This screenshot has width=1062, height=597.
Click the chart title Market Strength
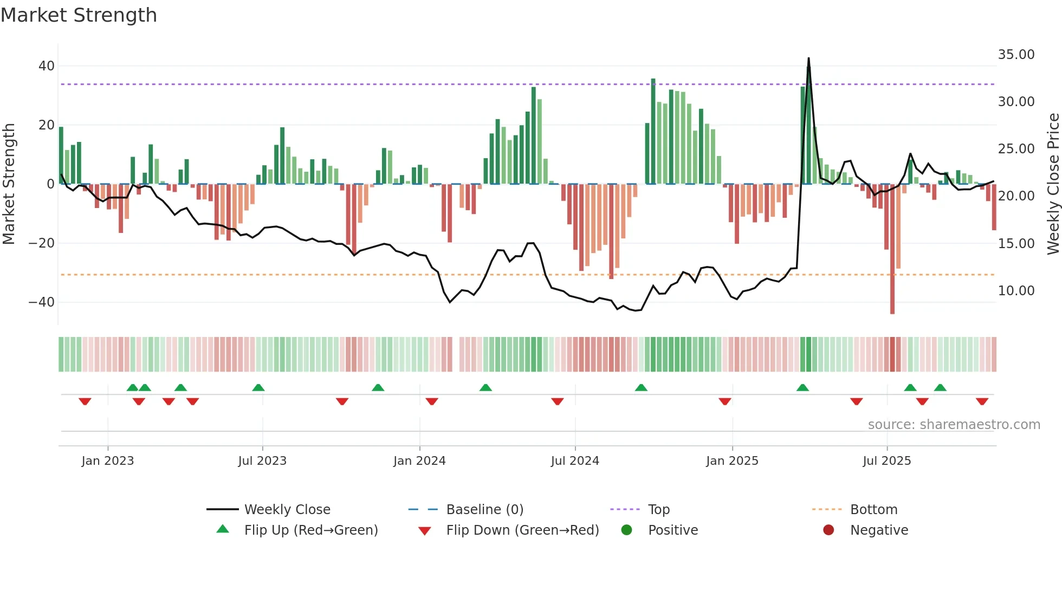pos(79,15)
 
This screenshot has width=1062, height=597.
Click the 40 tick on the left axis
pos(46,66)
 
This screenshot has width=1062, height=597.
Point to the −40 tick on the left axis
pos(42,302)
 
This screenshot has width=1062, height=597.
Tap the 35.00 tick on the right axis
pos(1016,55)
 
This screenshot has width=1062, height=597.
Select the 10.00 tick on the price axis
pos(1016,291)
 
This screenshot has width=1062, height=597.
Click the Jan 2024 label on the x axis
pos(419,461)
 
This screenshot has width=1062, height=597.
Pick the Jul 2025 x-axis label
pos(886,461)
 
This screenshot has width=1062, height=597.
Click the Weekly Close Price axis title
pos(1053,184)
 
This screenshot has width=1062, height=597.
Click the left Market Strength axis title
pos(9,184)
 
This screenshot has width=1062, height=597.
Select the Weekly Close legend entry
pos(287,510)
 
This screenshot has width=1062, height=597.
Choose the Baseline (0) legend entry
pos(484,510)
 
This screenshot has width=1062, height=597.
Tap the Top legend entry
pos(658,510)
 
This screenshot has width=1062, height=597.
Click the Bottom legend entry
pos(873,510)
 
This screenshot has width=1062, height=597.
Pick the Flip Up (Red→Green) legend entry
pos(310,530)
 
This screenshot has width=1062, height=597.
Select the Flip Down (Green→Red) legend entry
pos(522,530)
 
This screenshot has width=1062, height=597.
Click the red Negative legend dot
pos(828,530)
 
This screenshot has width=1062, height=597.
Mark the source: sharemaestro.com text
pos(954,425)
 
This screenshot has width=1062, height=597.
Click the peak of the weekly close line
pos(808,59)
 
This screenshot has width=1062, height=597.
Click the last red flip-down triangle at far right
pos(982,401)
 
